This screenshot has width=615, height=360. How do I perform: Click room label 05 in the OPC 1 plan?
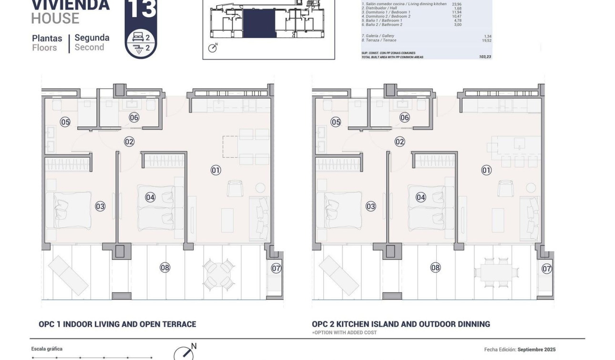click(x=65, y=122)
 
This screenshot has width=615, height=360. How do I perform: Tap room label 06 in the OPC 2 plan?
click(x=405, y=117)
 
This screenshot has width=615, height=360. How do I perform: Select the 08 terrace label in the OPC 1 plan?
click(x=165, y=267)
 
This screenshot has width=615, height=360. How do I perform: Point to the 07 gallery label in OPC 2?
click(x=547, y=269)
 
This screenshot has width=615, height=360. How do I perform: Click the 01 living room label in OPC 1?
click(x=216, y=170)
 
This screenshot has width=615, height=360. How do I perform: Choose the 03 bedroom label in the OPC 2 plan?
click(x=371, y=206)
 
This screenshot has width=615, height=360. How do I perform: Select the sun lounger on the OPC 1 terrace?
click(x=68, y=275)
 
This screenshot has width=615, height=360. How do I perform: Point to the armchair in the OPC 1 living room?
click(x=235, y=188)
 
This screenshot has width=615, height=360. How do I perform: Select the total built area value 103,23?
click(x=485, y=57)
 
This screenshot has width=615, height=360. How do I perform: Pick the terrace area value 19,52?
click(x=486, y=41)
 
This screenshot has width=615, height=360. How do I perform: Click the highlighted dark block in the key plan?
click(x=259, y=24)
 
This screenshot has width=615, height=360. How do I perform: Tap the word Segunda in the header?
click(x=92, y=38)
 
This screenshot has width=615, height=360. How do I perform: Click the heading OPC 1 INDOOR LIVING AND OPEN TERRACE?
click(x=117, y=324)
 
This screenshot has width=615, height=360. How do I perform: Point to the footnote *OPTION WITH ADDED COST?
click(x=344, y=332)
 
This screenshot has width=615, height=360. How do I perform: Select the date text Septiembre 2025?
click(x=536, y=350)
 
